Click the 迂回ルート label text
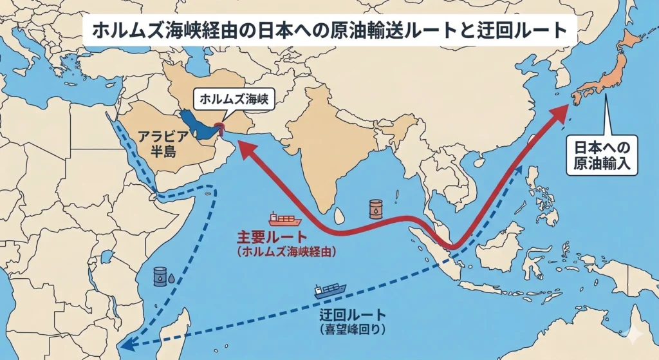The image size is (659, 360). coord(353,315)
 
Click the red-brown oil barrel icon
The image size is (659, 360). coord(375,208)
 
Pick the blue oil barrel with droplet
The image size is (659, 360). coord(160,276)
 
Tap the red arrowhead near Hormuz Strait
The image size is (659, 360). coord(243,149)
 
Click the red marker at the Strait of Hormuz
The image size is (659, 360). coord(220,126)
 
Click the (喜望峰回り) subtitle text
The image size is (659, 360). coord(352,329)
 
